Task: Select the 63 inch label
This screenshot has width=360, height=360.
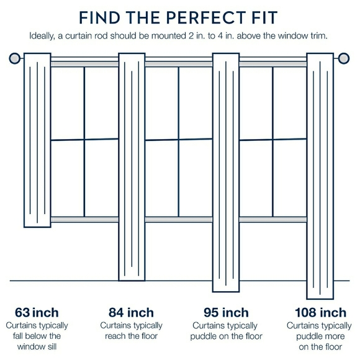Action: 37,312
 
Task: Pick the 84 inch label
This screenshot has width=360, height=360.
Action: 131,312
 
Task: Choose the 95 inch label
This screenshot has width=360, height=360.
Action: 227,312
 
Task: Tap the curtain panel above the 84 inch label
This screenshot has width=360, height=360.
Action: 132,168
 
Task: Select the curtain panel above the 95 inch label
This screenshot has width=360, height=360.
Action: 227,174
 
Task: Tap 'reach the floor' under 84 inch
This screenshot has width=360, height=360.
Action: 131,336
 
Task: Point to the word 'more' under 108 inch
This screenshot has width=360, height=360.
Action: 332,336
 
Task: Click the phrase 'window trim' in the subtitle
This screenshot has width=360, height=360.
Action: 302,36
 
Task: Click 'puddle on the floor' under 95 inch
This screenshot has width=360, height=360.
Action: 227,336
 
